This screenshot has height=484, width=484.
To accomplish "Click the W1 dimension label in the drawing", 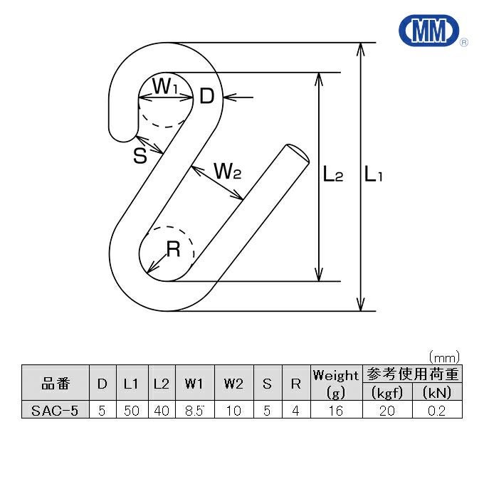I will pos(166,88).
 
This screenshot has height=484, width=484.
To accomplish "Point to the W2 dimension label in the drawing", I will pos(228,171).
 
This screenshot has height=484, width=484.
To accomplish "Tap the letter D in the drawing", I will pos(206,96).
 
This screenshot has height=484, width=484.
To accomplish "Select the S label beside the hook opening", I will pos(140,156).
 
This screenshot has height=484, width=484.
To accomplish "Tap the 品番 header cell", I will pos(56,384).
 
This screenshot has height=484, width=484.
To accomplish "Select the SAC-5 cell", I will pos(56,411).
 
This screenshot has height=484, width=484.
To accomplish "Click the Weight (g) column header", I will pos(336,384).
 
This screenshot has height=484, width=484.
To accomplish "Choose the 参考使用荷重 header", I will pos(412,374).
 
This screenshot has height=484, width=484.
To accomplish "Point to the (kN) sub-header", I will pos(436,392).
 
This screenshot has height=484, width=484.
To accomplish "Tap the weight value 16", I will pos(336,411).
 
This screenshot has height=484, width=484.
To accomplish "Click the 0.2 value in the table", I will pos(436,411).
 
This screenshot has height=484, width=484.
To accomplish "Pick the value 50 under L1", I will pos(131,411).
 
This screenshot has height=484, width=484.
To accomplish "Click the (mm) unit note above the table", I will pos(444,356).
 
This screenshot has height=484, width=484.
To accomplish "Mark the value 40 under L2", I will pos(161,411).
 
